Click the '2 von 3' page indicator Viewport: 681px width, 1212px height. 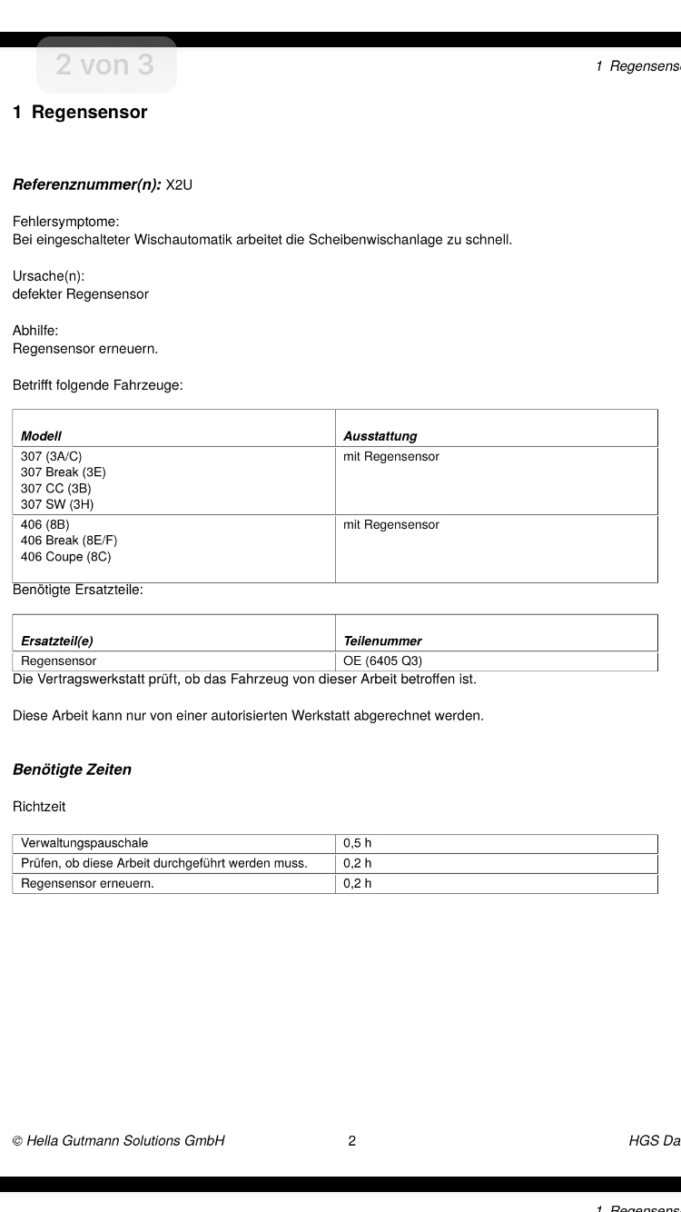(105, 65)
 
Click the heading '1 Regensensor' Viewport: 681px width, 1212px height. (80, 113)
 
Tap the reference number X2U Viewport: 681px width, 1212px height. (179, 185)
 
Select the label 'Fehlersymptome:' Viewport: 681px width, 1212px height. (66, 222)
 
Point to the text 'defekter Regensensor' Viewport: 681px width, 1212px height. (81, 294)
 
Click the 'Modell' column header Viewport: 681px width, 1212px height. (41, 436)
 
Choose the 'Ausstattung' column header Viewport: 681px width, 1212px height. (380, 436)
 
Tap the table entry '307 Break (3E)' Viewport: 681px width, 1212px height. (64, 472)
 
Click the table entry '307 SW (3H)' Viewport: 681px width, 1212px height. (57, 504)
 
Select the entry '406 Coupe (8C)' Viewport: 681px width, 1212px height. (66, 557)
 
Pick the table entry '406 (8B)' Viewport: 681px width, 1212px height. (45, 524)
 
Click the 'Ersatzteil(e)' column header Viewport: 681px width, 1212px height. (57, 641)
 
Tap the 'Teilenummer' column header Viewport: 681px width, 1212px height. (382, 641)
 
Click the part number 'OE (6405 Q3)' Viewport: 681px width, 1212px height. (382, 661)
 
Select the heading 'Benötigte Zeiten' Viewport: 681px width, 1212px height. (72, 770)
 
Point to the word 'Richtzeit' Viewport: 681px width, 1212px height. (39, 807)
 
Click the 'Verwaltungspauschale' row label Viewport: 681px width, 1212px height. (84, 843)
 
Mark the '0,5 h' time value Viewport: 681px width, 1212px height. (358, 843)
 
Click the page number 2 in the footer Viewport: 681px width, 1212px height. (352, 1140)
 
